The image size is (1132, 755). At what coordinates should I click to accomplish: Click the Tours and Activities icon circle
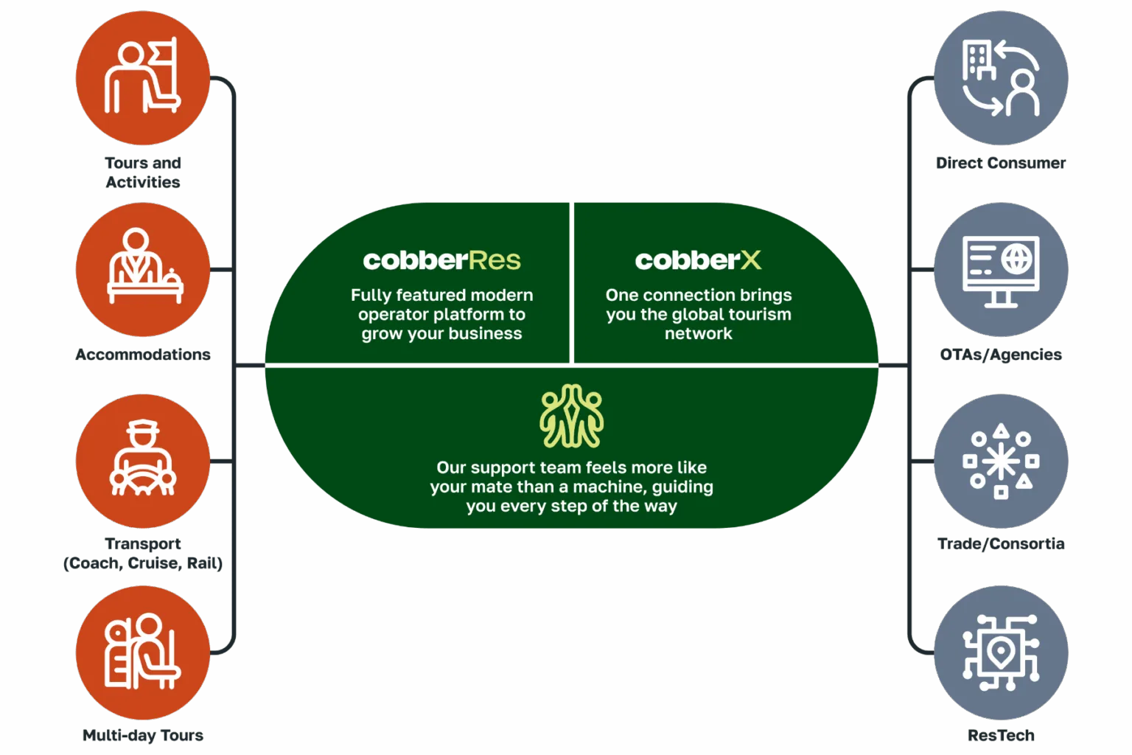tap(143, 78)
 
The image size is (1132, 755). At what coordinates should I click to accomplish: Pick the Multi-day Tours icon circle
tap(143, 653)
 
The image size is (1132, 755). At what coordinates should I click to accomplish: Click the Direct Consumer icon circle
tap(1001, 78)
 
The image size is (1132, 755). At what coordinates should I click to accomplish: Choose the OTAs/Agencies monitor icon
tap(1001, 271)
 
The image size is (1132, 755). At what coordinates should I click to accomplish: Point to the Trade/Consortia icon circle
tap(1001, 461)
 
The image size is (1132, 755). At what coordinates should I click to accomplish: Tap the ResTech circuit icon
tap(1001, 653)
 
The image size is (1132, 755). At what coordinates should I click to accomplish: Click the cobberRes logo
tap(441, 260)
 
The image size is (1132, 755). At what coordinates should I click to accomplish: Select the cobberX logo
tap(698, 260)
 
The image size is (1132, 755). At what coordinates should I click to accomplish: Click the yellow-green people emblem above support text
tap(571, 416)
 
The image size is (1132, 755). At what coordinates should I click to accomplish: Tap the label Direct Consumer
tap(1001, 163)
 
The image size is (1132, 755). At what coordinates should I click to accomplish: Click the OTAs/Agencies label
tap(1001, 355)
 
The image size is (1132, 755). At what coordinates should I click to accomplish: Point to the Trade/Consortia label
tap(1001, 543)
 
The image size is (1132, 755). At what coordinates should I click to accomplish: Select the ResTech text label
tap(1001, 735)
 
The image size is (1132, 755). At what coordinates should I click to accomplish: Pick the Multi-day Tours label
tap(143, 735)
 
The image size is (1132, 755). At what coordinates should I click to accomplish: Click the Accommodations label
tap(143, 355)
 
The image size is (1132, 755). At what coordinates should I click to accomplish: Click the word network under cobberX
tap(698, 334)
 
